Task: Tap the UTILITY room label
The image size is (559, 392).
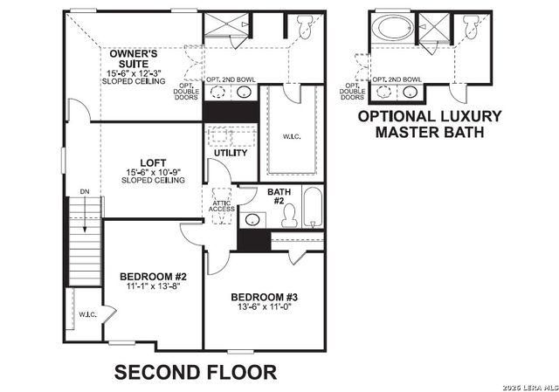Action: pyautogui.click(x=231, y=153)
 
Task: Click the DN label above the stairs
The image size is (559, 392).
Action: pyautogui.click(x=84, y=189)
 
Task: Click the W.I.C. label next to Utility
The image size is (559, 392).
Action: pyautogui.click(x=292, y=135)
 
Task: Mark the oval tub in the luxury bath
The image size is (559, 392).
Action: pyautogui.click(x=393, y=28)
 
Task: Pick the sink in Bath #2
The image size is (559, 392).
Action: pyautogui.click(x=252, y=219)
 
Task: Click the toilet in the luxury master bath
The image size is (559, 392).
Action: pyautogui.click(x=471, y=30)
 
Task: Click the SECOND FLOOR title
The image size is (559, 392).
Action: pyautogui.click(x=196, y=372)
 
